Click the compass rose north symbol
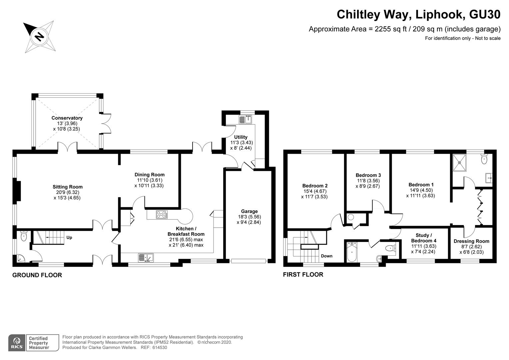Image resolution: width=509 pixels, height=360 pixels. tap(40, 36)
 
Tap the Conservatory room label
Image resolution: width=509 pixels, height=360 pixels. tap(67, 118)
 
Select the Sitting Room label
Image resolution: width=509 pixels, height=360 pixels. tap(67, 187)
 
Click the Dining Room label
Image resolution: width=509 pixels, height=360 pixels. tap(149, 175)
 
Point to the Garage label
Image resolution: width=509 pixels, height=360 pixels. tap(249, 211)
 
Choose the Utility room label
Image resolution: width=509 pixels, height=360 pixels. tap(241, 137)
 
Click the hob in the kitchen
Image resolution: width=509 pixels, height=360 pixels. tap(162, 215)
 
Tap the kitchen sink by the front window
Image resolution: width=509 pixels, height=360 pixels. tap(146, 258)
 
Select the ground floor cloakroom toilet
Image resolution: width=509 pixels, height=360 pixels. tap(24, 236)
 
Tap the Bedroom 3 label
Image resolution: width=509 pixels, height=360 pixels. tap(368, 175)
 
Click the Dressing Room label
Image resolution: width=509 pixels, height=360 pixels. tap(471, 241)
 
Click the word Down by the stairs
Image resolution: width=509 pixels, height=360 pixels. tap(326, 256)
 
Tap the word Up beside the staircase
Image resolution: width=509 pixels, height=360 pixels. tap(69, 238)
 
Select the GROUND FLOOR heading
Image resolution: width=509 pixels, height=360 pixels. tap(37, 275)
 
